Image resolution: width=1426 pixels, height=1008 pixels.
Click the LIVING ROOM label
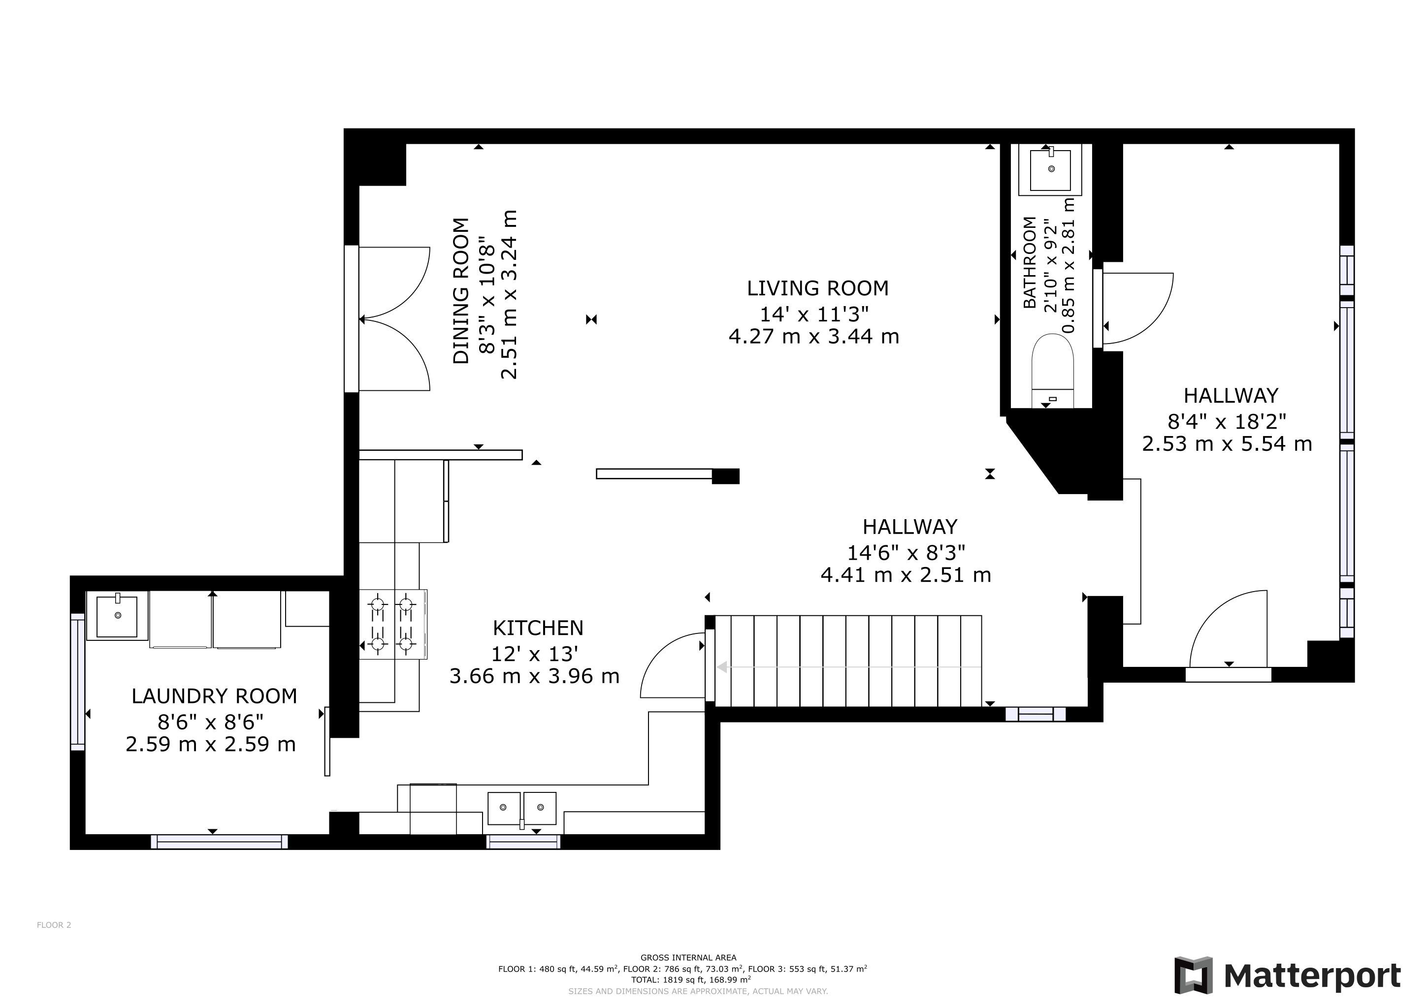817,288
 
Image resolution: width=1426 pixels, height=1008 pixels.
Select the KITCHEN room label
538,628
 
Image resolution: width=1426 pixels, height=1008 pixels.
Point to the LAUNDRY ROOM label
214,696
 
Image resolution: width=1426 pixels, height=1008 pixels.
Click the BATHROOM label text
1030,262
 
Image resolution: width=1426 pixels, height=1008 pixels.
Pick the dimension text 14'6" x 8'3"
906,552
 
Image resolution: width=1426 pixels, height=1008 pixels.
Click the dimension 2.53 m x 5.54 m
1227,444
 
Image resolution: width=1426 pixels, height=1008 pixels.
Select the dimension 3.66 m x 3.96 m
535,676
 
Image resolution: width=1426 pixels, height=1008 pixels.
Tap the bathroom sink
1051,169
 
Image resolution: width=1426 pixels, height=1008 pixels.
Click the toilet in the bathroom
1052,371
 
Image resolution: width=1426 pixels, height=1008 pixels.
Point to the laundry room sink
117,615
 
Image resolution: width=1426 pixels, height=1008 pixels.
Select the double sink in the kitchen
522,808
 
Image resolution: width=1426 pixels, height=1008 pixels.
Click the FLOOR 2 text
54,925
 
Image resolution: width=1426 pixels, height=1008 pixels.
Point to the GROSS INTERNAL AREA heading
689,958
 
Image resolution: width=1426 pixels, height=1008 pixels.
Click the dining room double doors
394,318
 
